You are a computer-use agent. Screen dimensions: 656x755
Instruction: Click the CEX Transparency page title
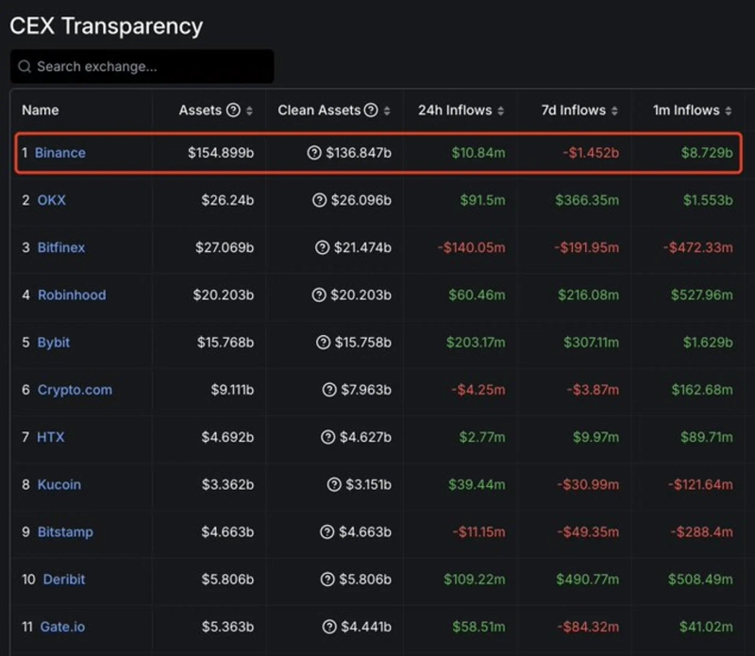click(x=106, y=25)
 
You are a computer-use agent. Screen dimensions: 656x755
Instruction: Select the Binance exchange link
click(x=60, y=153)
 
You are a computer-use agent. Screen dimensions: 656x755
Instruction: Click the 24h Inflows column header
click(x=455, y=110)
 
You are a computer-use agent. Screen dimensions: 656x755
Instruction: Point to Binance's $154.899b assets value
click(x=221, y=153)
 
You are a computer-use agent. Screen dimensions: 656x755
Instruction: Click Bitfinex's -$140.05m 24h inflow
click(x=472, y=247)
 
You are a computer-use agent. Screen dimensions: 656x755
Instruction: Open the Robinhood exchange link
click(x=72, y=294)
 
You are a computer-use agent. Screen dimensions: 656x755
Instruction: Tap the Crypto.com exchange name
click(x=75, y=390)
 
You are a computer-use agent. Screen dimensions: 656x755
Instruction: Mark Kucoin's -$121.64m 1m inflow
click(x=699, y=484)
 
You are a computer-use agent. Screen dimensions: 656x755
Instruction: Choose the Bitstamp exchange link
click(x=65, y=531)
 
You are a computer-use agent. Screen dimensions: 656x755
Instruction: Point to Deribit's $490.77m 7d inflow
click(x=586, y=579)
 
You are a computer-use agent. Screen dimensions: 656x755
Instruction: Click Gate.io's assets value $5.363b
click(x=227, y=626)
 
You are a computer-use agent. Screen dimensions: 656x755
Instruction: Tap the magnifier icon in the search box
click(x=25, y=67)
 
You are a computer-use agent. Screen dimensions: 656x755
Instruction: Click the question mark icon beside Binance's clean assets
click(x=314, y=153)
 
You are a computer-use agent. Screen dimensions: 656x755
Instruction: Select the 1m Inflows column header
click(x=686, y=110)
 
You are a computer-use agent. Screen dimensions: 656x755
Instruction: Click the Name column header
click(x=41, y=110)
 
